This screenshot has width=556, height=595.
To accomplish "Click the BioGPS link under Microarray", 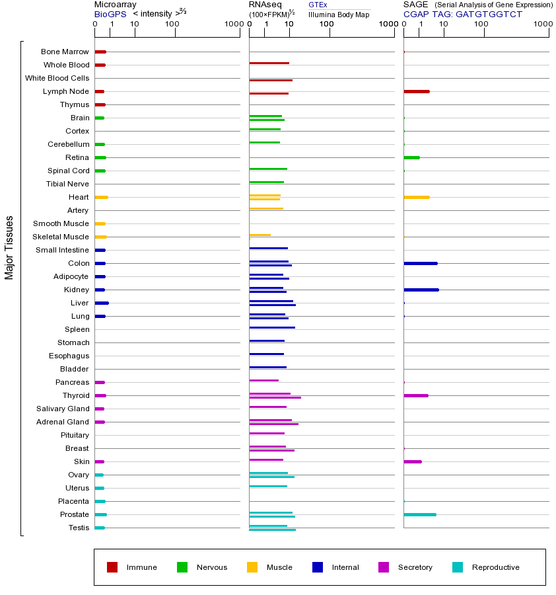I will coord(110,14).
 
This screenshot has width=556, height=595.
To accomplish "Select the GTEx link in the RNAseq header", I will coord(318,5).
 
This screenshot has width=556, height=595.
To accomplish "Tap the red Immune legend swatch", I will coord(112,567).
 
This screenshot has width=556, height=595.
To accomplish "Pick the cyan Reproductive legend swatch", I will coord(458,567).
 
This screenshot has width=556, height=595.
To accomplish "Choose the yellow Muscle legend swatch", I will coord(252,567).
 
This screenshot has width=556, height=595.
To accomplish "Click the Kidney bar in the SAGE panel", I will coord(421,290).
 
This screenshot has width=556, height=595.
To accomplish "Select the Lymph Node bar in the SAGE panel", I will coord(416,91).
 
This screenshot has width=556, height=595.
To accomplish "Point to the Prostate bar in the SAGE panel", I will coord(419,514).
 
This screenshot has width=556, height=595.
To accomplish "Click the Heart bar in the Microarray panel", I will coord(101,197).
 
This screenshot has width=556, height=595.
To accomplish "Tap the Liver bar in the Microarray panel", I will coord(101,303).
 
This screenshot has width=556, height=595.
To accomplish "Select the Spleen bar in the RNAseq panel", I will coord(271,327).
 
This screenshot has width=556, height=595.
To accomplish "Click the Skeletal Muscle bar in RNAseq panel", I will coord(260,235).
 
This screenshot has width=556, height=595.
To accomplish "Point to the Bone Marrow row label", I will coord(65,52).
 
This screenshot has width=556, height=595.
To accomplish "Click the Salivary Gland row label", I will coord(63,409).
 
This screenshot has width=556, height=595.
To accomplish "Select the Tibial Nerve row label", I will coord(67,184).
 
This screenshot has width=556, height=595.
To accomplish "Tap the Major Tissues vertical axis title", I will coord(9,247).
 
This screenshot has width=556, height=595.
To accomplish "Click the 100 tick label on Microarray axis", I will coord(172,24).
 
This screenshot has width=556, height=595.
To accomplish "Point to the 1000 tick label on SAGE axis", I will coord(543,24).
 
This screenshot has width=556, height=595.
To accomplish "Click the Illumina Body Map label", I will coord(339,15).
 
